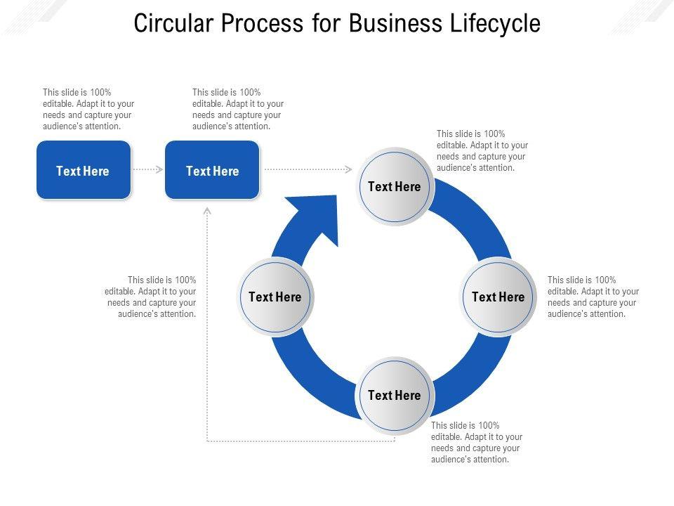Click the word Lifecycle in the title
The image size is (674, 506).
(495, 23)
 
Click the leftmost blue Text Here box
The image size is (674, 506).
(84, 170)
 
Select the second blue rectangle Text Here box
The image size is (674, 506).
(212, 170)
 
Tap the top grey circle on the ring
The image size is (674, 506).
(395, 187)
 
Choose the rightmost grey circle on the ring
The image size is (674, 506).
(498, 297)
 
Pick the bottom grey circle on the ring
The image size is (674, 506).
(395, 395)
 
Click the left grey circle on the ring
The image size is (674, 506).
(275, 297)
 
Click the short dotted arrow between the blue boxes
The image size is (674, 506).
(148, 169)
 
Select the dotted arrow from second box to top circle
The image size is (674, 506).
(308, 169)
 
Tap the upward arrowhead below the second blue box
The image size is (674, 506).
(207, 210)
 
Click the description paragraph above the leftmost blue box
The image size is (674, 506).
(88, 110)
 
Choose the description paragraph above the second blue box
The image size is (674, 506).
(238, 110)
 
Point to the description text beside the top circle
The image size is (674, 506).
(482, 150)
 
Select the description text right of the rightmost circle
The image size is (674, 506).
(593, 297)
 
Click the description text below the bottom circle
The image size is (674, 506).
(477, 442)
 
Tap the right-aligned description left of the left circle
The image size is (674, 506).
(150, 297)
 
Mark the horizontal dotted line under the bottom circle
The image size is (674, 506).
(301, 441)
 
